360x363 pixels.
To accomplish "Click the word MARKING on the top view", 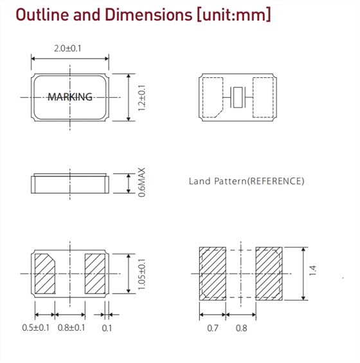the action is pyautogui.click(x=70, y=97).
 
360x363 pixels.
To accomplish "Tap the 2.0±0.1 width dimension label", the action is pyautogui.click(x=67, y=49).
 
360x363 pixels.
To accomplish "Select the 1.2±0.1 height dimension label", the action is pyautogui.click(x=141, y=98).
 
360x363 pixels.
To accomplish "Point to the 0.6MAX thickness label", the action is pyautogui.click(x=141, y=182).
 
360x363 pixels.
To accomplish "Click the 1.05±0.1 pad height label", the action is pyautogui.click(x=141, y=274).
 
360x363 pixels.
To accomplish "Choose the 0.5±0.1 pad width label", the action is pyautogui.click(x=35, y=328).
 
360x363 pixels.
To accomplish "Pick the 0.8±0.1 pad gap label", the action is pyautogui.click(x=71, y=328).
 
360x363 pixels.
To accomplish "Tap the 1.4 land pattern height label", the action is pyautogui.click(x=312, y=270).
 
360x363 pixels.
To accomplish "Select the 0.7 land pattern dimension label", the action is pyautogui.click(x=213, y=328).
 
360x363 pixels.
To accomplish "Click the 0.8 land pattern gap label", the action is pyautogui.click(x=241, y=328).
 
